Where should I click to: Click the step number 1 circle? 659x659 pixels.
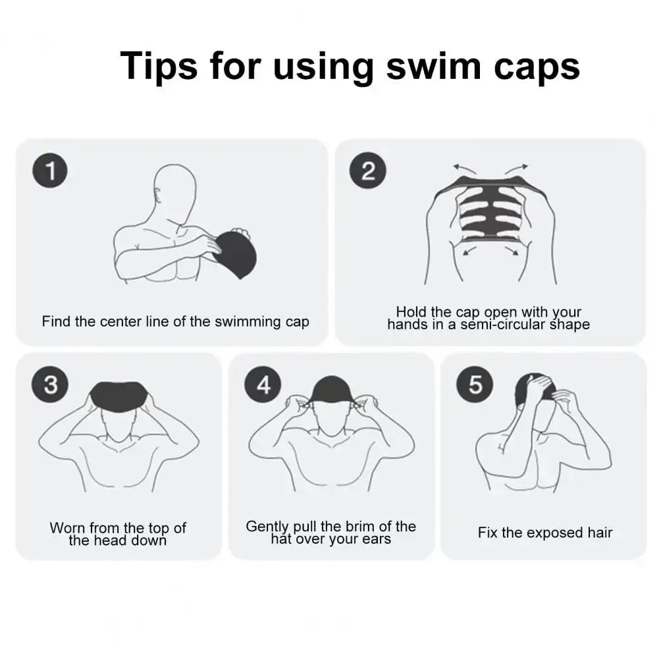(x=49, y=172)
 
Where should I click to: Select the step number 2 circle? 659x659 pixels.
(x=368, y=172)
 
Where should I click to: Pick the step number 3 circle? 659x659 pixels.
(x=49, y=384)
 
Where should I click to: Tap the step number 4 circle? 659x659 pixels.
(x=263, y=384)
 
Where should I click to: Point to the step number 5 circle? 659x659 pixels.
(x=475, y=384)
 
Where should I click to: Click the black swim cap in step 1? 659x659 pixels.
(x=236, y=253)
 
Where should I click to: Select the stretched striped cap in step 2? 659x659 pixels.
(x=488, y=211)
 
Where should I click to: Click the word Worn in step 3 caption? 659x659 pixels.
(x=67, y=528)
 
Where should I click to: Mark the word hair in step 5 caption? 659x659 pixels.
(x=599, y=533)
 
